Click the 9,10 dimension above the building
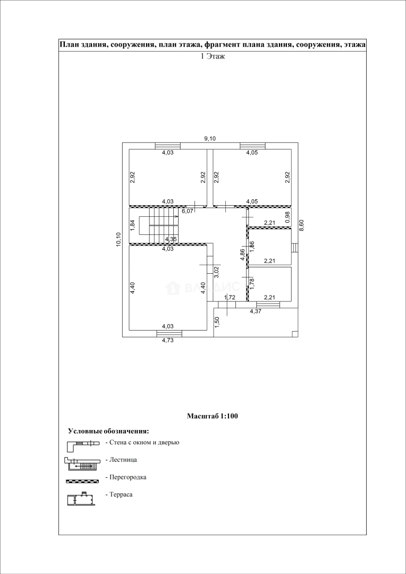click(210, 138)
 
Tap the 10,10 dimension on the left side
click(119, 240)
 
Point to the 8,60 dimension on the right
click(301, 224)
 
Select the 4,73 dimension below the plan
click(167, 341)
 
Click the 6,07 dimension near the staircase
click(188, 211)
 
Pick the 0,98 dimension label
click(287, 217)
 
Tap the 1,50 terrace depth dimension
click(217, 323)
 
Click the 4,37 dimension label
click(256, 311)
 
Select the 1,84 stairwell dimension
click(132, 225)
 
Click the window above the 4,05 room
click(253, 146)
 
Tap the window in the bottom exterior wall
click(169, 333)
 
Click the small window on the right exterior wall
click(295, 248)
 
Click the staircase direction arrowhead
click(177, 217)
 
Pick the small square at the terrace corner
click(295, 334)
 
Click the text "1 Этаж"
click(213, 56)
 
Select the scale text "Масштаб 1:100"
click(213, 416)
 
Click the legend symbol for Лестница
click(82, 463)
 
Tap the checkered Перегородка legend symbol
click(83, 480)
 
